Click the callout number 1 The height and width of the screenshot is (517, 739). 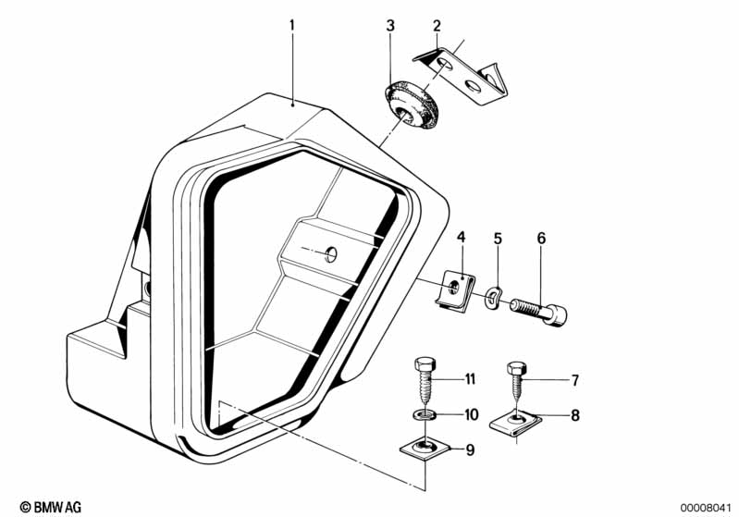(x=292, y=25)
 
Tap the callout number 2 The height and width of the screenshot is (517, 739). (x=437, y=26)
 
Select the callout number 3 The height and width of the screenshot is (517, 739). (x=390, y=26)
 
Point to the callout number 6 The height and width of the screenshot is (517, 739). (x=541, y=238)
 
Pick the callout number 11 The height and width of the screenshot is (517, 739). (x=470, y=379)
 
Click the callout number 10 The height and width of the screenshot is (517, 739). (x=472, y=414)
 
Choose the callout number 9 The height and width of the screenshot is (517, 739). (x=470, y=450)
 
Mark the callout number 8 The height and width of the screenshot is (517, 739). (x=575, y=415)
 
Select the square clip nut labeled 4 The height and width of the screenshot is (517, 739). (x=454, y=289)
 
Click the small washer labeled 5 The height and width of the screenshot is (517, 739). (x=492, y=299)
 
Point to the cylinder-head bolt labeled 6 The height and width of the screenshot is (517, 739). (x=538, y=311)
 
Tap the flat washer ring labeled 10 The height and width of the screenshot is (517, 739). (x=425, y=415)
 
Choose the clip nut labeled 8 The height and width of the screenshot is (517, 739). (x=515, y=421)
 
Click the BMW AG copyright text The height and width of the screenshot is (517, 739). (x=51, y=507)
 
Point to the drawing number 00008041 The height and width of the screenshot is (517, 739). (x=706, y=508)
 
